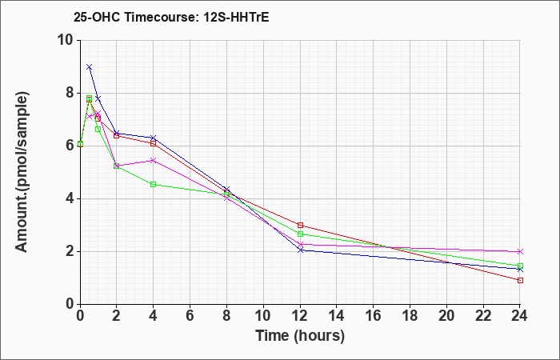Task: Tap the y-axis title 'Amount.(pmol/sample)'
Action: [23, 172]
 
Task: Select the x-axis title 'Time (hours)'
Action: [300, 336]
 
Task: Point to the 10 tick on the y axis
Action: [66, 40]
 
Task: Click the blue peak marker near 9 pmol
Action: [89, 67]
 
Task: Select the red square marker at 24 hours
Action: [520, 280]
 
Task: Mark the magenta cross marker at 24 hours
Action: [520, 252]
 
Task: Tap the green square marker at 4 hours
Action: [153, 185]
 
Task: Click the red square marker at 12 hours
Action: [300, 225]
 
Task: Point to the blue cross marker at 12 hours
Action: [300, 250]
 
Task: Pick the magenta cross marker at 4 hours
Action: [153, 160]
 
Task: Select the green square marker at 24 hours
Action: [520, 266]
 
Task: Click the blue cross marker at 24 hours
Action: [520, 270]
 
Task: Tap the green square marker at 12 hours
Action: [300, 234]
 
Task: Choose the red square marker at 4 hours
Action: [153, 143]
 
